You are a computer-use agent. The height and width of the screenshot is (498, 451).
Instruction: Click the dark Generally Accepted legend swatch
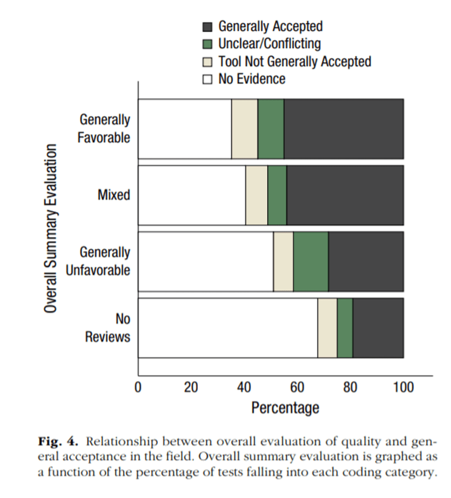(x=207, y=26)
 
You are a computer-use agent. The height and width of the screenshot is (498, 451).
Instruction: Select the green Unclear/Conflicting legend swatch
(x=207, y=44)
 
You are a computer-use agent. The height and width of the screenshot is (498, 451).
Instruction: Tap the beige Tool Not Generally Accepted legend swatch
(x=207, y=62)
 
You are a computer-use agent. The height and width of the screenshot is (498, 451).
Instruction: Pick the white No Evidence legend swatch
(x=207, y=79)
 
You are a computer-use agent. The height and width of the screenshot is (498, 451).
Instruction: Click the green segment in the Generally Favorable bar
(x=271, y=129)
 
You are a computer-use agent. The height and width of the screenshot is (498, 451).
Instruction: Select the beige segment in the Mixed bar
(x=257, y=195)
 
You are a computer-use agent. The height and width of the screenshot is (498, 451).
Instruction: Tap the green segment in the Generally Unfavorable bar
(x=311, y=262)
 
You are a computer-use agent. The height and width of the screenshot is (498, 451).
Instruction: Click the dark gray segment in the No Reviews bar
(x=378, y=328)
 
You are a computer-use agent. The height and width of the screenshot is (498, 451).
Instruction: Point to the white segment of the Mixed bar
(x=192, y=195)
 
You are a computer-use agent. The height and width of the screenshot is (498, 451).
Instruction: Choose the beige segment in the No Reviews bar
(x=327, y=328)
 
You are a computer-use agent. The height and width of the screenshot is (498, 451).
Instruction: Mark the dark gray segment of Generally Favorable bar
(x=344, y=129)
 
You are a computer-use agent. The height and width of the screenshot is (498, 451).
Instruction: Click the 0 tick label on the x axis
(x=138, y=387)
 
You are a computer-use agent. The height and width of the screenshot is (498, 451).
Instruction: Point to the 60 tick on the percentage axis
(x=297, y=387)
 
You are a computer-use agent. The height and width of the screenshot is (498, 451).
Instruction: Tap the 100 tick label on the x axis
(x=403, y=387)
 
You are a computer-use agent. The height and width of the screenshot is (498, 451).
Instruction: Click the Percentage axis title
(x=285, y=407)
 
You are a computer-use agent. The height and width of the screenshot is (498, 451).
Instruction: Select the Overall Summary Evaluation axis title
(x=51, y=228)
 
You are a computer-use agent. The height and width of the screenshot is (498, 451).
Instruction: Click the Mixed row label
(x=114, y=195)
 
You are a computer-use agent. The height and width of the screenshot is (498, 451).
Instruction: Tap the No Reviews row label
(x=108, y=328)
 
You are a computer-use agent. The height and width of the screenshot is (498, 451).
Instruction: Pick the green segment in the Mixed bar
(x=277, y=195)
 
